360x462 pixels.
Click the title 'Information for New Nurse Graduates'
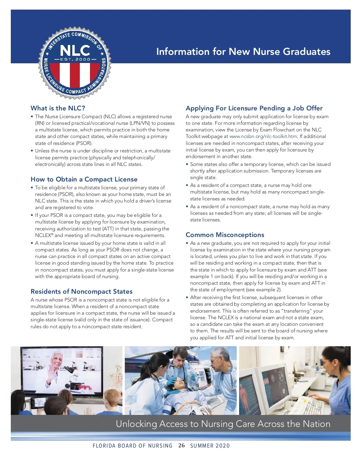(243, 52)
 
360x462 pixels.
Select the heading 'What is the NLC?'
(58, 108)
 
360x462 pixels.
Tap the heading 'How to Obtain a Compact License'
(84, 179)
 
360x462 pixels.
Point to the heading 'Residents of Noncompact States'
(82, 292)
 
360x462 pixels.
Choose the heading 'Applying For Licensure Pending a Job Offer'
(254, 108)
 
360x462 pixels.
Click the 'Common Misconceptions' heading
(225, 235)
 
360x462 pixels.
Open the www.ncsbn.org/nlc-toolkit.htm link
(263, 136)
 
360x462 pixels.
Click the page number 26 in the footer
(181, 445)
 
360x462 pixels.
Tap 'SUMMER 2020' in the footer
(210, 446)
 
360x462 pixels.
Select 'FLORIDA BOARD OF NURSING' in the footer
(133, 446)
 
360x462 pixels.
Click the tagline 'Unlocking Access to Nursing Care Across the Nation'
(223, 424)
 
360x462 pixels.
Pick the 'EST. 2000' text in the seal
(75, 59)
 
